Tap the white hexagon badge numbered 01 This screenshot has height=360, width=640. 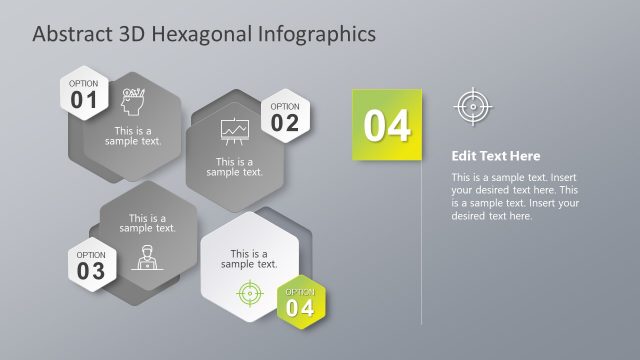[x=84, y=93]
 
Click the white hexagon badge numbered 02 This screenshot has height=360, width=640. [x=285, y=117]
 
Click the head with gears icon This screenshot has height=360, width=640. [x=134, y=102]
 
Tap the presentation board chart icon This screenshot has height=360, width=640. [x=235, y=131]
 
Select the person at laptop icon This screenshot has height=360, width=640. [x=147, y=257]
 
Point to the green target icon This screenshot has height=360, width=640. [x=249, y=293]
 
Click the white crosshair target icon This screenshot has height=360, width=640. [x=471, y=107]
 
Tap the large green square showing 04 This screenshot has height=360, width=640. [x=387, y=125]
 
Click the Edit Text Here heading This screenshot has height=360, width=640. [x=495, y=156]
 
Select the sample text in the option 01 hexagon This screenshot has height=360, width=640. [x=133, y=136]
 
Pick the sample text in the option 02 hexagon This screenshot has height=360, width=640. [x=235, y=167]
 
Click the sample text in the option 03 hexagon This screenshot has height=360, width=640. [x=147, y=223]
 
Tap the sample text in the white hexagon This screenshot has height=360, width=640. [x=249, y=259]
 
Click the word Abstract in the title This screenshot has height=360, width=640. [x=71, y=34]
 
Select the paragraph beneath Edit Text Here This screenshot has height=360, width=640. [x=515, y=197]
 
